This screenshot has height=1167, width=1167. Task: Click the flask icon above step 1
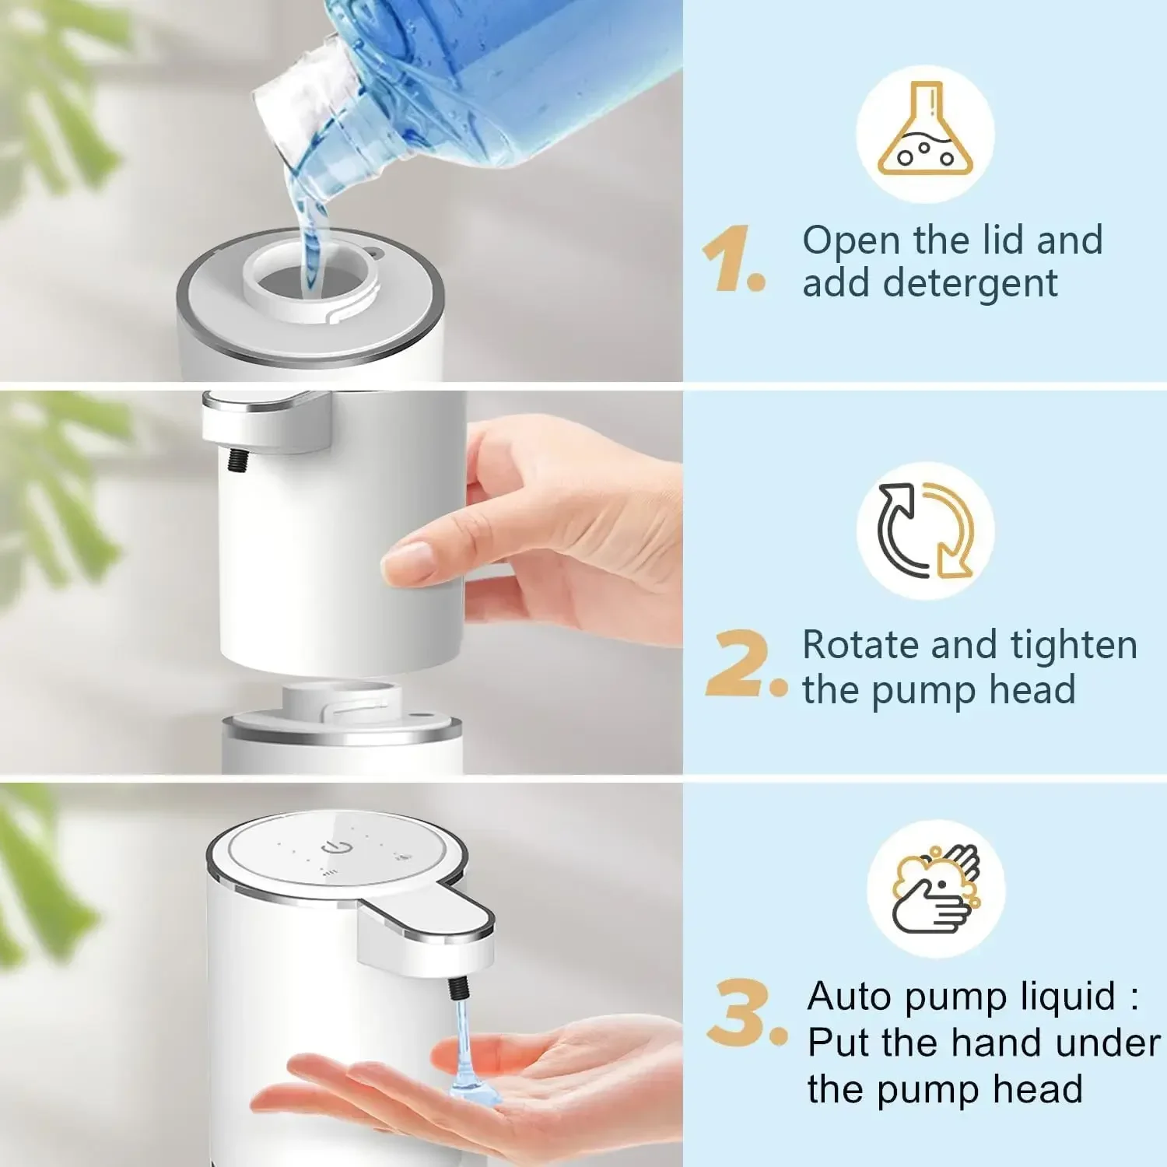(x=925, y=134)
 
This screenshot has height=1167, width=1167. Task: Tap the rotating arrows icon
(x=925, y=531)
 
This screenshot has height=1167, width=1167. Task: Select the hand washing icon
(x=935, y=888)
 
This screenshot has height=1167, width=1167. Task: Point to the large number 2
(x=738, y=664)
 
